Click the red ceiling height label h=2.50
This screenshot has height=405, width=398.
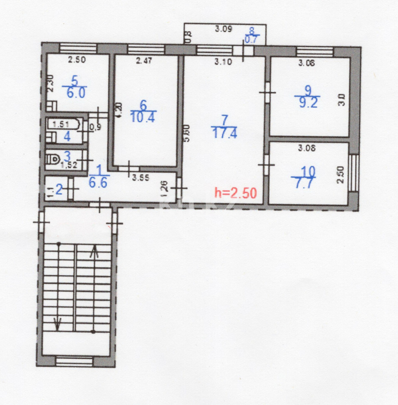pos(235,193)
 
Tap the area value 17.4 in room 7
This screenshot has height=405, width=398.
pos(225,133)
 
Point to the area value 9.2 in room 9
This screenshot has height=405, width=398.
pos(307,103)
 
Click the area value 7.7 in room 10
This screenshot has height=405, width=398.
pos(303,184)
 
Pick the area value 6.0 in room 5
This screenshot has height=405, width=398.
pos(76,93)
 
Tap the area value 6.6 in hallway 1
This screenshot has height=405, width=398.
pos(99,183)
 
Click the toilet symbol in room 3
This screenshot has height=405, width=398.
pos(52,159)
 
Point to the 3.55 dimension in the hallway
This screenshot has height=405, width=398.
pos(141,178)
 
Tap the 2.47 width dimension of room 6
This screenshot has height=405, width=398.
pos(144,60)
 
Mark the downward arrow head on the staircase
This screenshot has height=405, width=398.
pos(57,323)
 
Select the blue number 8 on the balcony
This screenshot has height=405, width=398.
pos(252,31)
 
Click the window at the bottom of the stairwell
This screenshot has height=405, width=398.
pos(74,361)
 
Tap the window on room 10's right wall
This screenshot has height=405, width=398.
pos(353,173)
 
